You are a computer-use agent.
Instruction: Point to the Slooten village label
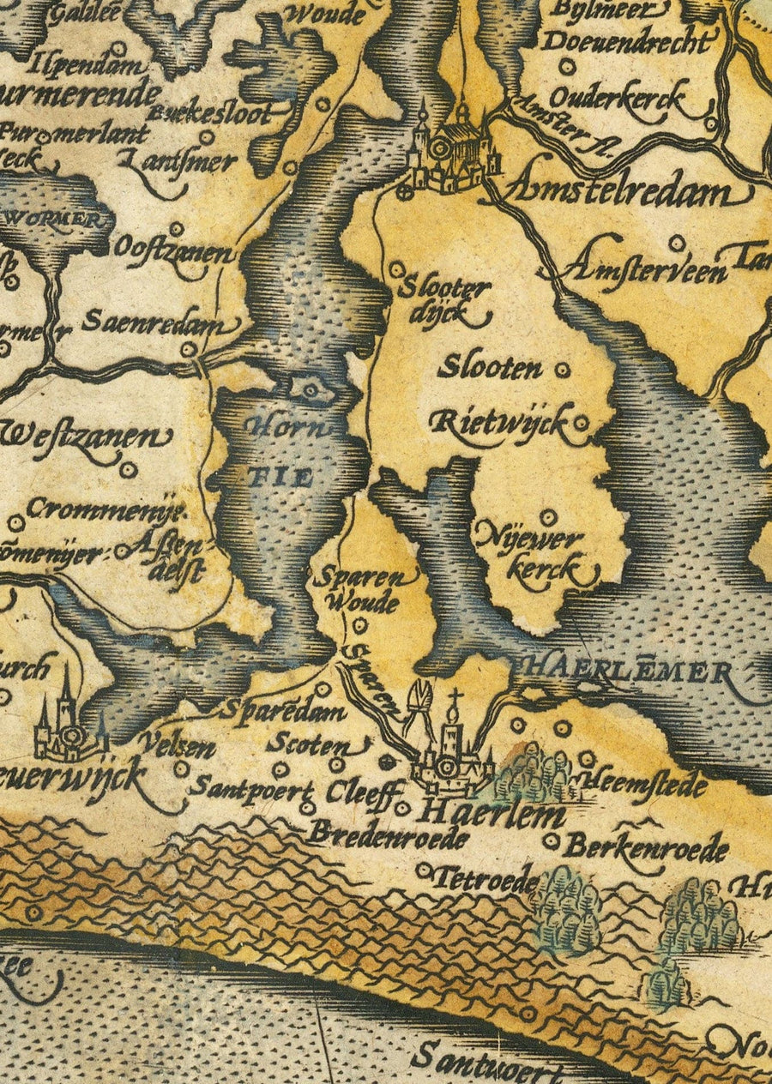pos(491,369)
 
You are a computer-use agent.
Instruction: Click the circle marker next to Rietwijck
pos(582,423)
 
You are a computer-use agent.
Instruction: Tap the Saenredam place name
pos(158,323)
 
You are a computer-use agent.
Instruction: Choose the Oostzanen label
pos(172,250)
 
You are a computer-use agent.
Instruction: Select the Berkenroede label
pos(645,848)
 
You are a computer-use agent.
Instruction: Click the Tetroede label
pos(486,878)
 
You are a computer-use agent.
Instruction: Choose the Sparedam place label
pos(282,710)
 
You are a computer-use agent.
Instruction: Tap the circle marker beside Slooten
pos(563,370)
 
